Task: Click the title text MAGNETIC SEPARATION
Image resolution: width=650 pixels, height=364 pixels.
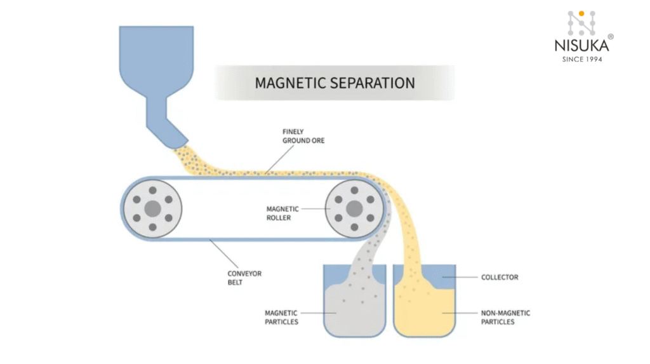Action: [335, 83]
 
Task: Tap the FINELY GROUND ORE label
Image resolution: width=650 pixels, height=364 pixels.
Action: [303, 136]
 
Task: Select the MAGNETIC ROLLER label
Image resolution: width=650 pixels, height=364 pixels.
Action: [279, 213]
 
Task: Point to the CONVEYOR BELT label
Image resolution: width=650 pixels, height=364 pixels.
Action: [244, 278]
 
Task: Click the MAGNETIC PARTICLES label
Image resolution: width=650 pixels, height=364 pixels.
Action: [281, 317]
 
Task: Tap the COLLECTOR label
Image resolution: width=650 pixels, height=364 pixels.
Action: [500, 278]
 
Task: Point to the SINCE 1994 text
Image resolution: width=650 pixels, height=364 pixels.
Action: [581, 59]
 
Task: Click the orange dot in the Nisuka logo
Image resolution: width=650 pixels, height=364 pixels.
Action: [581, 13]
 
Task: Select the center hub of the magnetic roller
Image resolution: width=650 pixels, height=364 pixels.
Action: [355, 208]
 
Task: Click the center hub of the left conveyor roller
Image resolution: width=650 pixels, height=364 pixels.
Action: [152, 208]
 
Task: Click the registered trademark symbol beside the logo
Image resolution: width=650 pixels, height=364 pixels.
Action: [611, 37]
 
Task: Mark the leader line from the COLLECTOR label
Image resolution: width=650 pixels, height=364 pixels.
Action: [460, 278]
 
